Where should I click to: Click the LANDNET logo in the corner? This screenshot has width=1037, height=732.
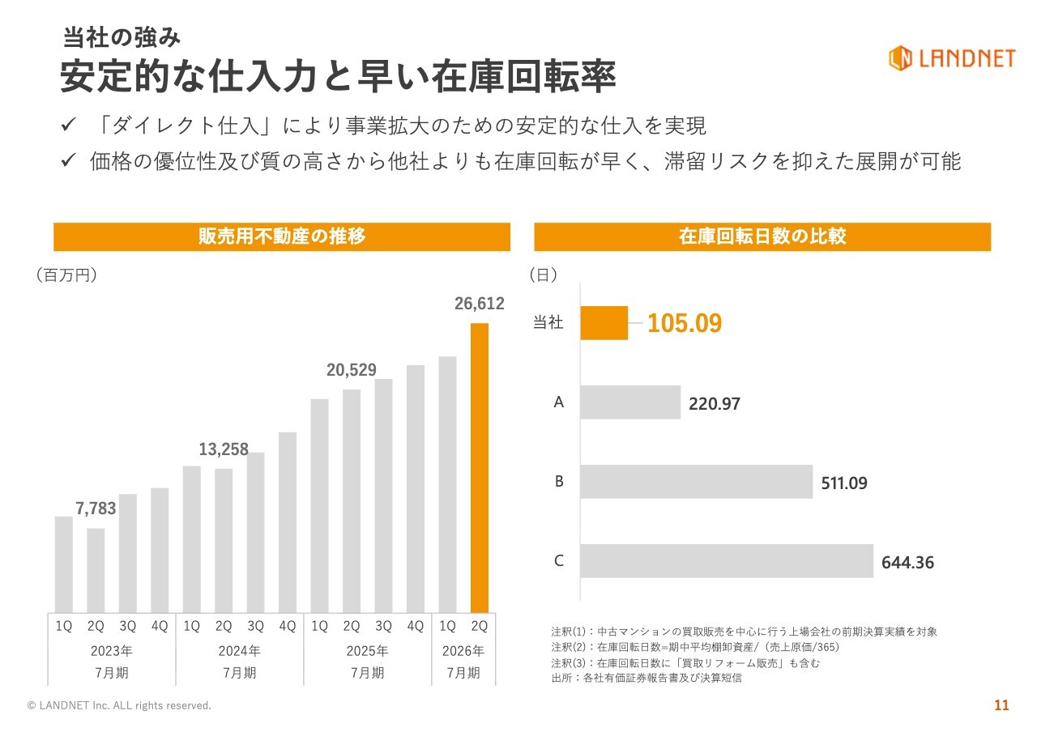pyautogui.click(x=951, y=57)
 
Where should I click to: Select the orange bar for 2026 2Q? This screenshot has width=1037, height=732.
pyautogui.click(x=480, y=467)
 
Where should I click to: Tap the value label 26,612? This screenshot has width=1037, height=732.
pyautogui.click(x=480, y=304)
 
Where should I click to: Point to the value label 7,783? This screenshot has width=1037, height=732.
pyautogui.click(x=96, y=509)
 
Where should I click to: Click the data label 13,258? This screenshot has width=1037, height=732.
pyautogui.click(x=224, y=449)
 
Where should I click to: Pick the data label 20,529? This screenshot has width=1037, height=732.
pyautogui.click(x=352, y=370)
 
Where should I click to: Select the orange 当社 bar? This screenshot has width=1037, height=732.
pyautogui.click(x=604, y=323)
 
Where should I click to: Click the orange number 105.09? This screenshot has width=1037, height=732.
pyautogui.click(x=685, y=324)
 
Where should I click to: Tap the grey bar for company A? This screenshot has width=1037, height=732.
pyautogui.click(x=630, y=402)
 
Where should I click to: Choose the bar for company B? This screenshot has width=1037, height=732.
pyautogui.click(x=696, y=482)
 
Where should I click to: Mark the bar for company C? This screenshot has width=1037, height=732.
pyautogui.click(x=727, y=560)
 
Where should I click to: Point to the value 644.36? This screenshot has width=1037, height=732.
pyautogui.click(x=907, y=562)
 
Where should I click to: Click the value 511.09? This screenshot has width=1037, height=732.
pyautogui.click(x=844, y=483)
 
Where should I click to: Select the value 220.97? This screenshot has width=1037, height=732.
pyautogui.click(x=715, y=403)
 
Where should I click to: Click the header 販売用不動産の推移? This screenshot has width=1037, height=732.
pyautogui.click(x=282, y=236)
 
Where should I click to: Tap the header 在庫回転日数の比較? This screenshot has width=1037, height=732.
pyautogui.click(x=762, y=236)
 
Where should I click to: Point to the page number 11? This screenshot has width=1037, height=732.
pyautogui.click(x=1002, y=705)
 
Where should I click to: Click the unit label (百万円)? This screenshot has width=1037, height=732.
pyautogui.click(x=66, y=275)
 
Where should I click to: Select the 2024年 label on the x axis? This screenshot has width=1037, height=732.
pyautogui.click(x=240, y=650)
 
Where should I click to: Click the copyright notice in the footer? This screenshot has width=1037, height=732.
pyautogui.click(x=119, y=706)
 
